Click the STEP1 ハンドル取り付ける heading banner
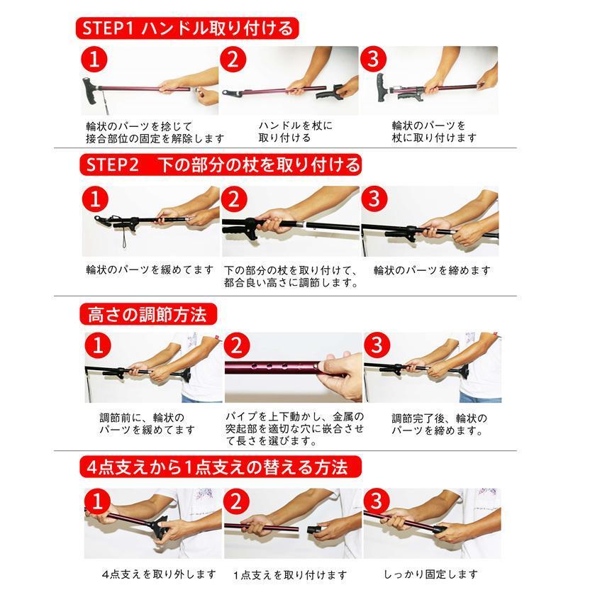pos(187,28)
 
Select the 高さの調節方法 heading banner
pos(147,313)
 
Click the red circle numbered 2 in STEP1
pos(233,60)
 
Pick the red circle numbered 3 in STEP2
pos(374,199)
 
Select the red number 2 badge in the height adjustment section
pos(238,346)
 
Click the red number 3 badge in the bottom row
pos(377,501)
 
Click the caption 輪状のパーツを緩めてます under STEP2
pos(149,269)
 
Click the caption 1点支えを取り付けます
pos(290,574)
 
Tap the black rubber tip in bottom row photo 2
pos(316,528)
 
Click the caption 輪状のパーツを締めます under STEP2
pos(431,269)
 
